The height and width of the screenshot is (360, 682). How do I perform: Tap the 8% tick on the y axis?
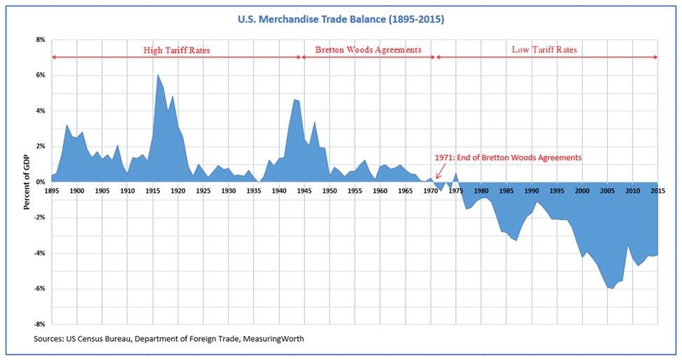click(x=39, y=40)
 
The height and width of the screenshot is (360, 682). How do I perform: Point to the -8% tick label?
click(x=38, y=324)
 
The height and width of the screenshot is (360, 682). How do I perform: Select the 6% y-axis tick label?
click(x=39, y=75)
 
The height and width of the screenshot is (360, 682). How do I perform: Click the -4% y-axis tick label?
click(x=38, y=253)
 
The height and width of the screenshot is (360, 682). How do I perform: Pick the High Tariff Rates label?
click(x=176, y=50)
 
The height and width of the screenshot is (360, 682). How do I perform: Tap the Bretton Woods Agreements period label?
click(x=368, y=50)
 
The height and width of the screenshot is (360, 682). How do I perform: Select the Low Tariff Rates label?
click(x=544, y=50)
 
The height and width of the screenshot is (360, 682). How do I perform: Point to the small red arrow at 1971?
click(x=439, y=173)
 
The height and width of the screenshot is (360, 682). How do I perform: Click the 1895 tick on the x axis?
click(x=52, y=190)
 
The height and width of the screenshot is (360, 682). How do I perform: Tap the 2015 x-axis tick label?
click(x=657, y=190)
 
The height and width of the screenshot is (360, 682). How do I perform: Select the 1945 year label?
click(x=304, y=190)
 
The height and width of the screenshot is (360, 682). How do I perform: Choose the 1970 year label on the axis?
click(x=429, y=190)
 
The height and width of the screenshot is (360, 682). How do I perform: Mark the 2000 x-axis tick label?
click(x=581, y=190)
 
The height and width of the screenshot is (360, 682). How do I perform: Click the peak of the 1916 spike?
click(x=157, y=75)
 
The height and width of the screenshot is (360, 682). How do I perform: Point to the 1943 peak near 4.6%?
click(x=294, y=99)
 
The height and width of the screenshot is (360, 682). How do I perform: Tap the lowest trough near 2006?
click(x=613, y=289)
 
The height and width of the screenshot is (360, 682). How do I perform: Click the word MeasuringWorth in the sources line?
click(x=272, y=339)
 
